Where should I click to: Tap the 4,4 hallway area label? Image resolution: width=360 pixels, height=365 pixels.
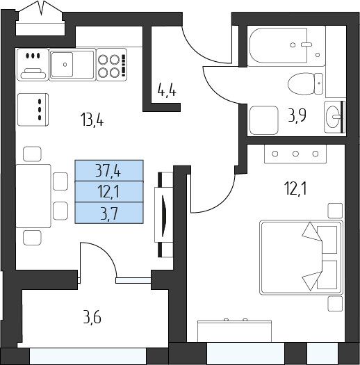[x=167, y=90]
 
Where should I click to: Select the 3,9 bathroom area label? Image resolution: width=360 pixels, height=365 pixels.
[x=297, y=115]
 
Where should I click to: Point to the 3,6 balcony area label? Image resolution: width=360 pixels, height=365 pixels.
[x=92, y=318]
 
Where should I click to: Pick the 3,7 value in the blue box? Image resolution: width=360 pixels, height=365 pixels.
[x=108, y=213]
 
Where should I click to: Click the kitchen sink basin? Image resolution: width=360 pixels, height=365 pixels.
[x=62, y=65]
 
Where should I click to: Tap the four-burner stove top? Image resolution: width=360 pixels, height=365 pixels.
[x=112, y=65]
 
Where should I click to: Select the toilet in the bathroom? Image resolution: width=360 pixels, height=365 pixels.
[x=305, y=83]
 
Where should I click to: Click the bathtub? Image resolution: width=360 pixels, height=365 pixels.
[x=286, y=46]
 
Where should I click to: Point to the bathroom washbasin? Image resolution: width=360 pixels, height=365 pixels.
[x=333, y=117]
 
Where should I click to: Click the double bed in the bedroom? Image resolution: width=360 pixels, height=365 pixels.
[x=302, y=257]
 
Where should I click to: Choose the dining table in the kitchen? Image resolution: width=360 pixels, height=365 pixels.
[x=33, y=196]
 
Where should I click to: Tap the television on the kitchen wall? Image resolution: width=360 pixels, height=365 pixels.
[x=164, y=214]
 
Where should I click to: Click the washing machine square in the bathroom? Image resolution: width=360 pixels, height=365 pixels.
[x=264, y=120]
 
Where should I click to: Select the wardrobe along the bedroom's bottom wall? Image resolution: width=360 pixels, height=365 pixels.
[x=234, y=331]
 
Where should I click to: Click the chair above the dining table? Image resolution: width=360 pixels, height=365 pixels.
[x=33, y=154]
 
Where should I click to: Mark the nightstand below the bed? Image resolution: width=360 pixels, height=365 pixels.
[x=335, y=304]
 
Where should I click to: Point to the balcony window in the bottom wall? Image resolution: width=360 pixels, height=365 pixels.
[x=88, y=356]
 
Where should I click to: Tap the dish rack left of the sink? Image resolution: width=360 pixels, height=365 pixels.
[x=33, y=65]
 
